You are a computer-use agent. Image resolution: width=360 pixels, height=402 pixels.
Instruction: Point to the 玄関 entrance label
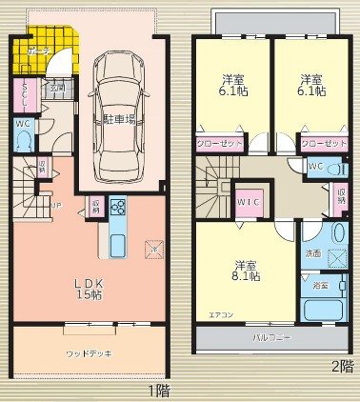click(57, 89)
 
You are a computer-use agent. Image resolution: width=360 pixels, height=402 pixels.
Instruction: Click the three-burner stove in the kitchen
click(119, 207)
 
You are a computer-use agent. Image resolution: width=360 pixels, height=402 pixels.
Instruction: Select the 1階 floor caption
click(158, 390)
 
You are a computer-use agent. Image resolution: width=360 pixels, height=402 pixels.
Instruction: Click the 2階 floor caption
click(341, 366)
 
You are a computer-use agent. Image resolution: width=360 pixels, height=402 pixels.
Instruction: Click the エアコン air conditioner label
click(219, 312)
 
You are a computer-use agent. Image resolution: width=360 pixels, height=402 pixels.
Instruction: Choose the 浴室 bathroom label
click(320, 285)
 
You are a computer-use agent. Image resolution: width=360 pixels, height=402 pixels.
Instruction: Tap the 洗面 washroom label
click(313, 254)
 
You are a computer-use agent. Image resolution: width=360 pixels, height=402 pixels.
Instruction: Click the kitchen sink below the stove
click(117, 244)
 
